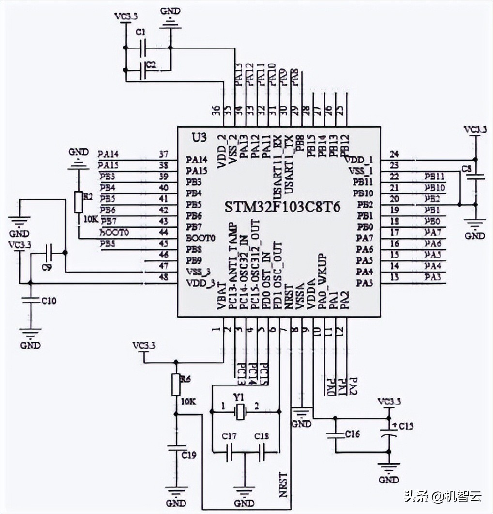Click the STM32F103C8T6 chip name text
(x=282, y=207)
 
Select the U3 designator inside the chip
(x=199, y=138)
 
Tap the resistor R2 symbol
(x=78, y=202)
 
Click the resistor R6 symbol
(x=176, y=385)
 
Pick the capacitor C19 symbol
(x=176, y=448)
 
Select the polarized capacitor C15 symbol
(x=388, y=433)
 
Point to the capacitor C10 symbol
(x=31, y=301)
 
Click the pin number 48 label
(x=163, y=277)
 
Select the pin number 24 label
(x=395, y=154)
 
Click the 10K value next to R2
(x=91, y=219)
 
